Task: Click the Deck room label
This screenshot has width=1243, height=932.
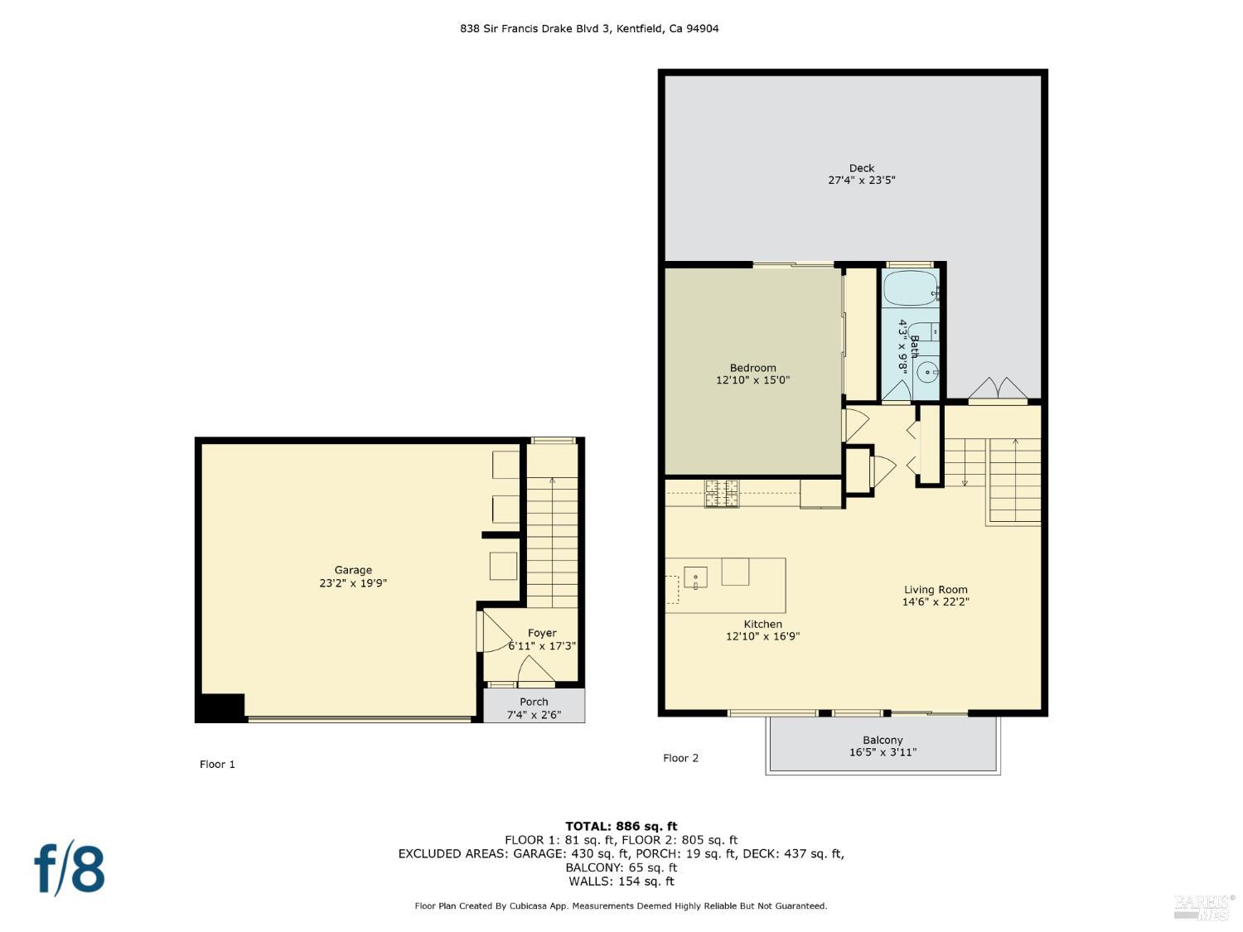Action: pos(861,168)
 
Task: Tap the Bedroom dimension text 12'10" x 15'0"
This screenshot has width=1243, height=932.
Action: pos(752,380)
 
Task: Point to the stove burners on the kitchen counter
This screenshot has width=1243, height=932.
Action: pos(721,493)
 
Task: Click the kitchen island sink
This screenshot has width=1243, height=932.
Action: pos(695,577)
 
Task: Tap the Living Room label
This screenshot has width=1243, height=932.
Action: pos(935,590)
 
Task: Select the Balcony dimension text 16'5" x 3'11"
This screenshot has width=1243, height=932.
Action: pos(883,752)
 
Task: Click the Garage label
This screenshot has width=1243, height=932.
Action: pos(353,570)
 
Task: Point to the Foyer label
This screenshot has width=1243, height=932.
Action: pos(542,633)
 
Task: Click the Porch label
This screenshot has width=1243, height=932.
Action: pos(534,702)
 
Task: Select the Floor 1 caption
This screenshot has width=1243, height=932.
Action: pos(217,764)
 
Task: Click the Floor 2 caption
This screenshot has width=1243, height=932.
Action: pos(680,758)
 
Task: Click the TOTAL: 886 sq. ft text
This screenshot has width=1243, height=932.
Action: pos(621,826)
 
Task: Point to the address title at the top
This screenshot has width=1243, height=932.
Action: pos(589,28)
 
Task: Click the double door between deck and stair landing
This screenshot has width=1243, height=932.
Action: pos(998,390)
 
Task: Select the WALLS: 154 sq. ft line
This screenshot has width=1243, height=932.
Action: pos(621,881)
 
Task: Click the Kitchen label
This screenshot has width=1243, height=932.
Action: pos(762,624)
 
